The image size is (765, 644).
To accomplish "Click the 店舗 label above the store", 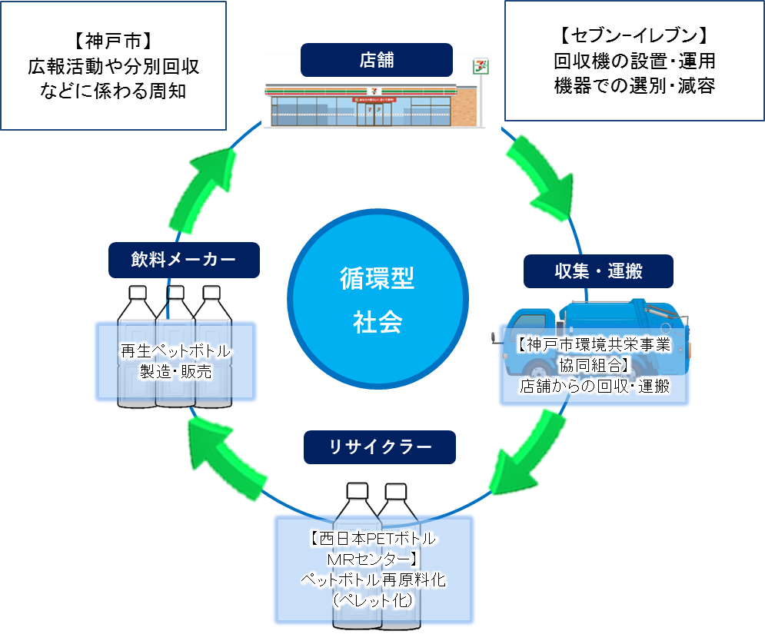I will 376,59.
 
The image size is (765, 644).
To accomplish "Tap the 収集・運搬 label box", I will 598,271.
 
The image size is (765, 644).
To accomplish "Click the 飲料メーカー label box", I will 183,260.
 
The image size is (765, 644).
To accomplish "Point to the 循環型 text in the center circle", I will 378,279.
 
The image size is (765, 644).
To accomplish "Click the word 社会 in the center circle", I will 378,322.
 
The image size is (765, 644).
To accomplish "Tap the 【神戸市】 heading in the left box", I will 112,40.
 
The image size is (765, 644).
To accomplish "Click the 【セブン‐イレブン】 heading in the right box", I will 634,35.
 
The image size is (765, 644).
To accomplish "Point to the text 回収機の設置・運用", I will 634,61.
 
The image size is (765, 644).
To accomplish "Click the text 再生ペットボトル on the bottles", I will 175,352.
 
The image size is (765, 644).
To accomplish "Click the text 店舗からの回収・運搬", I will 594,387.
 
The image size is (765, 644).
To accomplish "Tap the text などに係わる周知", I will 112,91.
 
